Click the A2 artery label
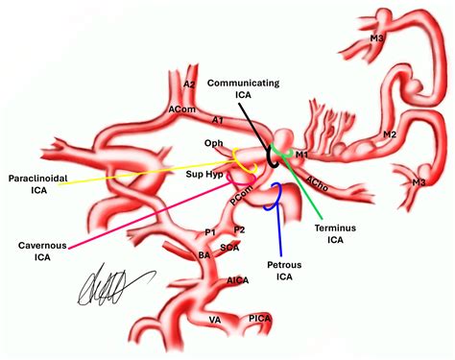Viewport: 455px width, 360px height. click(x=189, y=84)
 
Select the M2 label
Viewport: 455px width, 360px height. click(x=389, y=134)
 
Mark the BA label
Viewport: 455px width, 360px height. click(x=204, y=254)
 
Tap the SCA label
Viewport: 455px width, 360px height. click(x=230, y=248)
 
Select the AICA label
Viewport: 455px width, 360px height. click(x=236, y=281)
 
